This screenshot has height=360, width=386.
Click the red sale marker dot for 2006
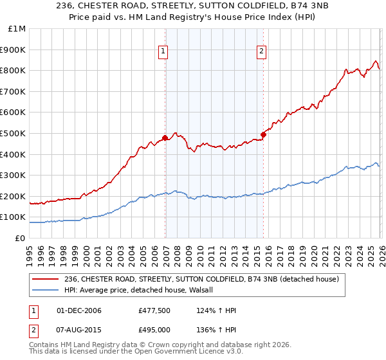coord(165,138)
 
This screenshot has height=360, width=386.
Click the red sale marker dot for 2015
coord(264,134)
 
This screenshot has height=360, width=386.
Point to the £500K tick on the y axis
coord(14,133)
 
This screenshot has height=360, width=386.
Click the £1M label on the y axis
coord(17,29)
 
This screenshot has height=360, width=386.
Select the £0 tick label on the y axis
coord(20,238)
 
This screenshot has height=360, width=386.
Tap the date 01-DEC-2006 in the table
coord(79,311)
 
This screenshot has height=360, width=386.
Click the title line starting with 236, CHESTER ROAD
coord(193,6)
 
